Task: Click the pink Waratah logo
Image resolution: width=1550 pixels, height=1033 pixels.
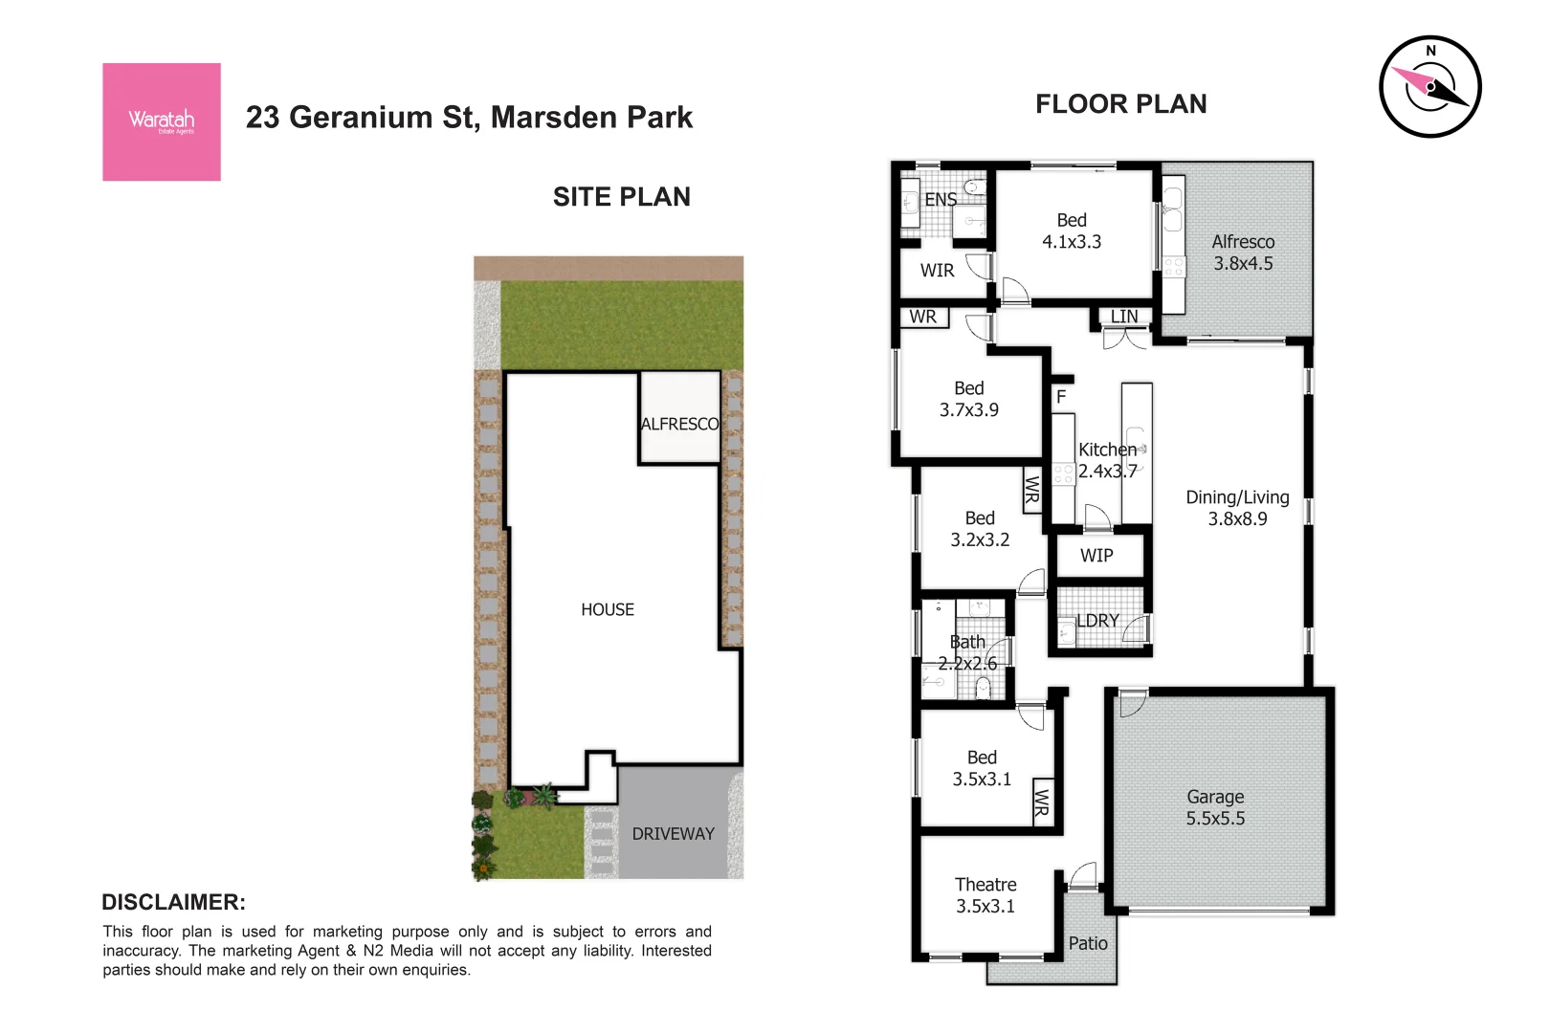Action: point(161,121)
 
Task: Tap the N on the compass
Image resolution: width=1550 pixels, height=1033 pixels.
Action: point(1430,51)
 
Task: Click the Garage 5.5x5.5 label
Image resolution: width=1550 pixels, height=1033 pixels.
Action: point(1215,807)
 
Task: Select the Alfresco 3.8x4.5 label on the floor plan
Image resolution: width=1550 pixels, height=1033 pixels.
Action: point(1243,253)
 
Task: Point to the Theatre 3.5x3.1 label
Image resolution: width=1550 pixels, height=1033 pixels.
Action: point(985,895)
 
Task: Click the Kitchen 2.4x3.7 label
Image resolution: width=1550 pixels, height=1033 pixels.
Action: point(1107,460)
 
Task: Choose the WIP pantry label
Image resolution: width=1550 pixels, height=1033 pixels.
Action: point(1096,556)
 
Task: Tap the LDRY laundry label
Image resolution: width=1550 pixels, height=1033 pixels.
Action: point(1097,621)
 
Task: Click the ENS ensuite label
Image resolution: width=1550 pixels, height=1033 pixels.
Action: point(941,199)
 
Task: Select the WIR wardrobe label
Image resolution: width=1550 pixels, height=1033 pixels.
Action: point(937,271)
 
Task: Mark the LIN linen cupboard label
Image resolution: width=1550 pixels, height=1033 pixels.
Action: point(1124,317)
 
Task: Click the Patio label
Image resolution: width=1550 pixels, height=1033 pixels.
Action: point(1088,943)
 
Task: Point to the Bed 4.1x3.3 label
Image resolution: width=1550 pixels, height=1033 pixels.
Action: point(1072,231)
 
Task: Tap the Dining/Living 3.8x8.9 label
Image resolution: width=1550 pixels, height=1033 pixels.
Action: point(1237,508)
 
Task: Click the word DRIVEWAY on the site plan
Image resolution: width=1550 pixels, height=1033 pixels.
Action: point(673,834)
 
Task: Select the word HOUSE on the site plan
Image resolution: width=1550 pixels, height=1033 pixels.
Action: point(607,609)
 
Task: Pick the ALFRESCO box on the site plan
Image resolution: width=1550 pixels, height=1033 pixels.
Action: point(679,419)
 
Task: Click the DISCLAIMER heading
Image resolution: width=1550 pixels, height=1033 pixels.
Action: point(173,902)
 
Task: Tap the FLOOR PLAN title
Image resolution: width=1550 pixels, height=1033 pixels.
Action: point(1120,104)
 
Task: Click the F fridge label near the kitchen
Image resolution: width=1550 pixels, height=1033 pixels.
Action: point(1060,396)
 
